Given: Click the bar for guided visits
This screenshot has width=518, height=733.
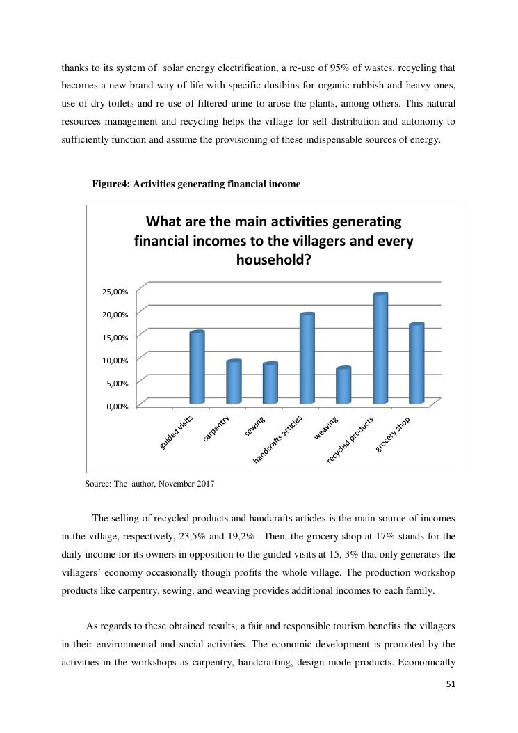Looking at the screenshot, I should click(197, 368).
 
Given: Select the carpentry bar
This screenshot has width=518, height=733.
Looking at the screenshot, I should click(234, 382).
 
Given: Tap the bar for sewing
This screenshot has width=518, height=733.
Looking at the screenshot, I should click(270, 384).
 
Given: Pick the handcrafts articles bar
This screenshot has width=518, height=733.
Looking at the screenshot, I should click(307, 358).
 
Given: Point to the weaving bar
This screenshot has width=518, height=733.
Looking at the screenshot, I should click(343, 386).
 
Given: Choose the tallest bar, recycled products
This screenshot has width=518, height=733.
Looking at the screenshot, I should click(380, 349).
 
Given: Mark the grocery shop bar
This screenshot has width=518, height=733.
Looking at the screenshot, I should click(416, 364).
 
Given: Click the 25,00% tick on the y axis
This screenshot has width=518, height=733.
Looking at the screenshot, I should click(115, 291).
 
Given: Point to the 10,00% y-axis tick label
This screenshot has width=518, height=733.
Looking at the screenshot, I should click(115, 360).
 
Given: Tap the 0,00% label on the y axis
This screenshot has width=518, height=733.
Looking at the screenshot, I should click(118, 406).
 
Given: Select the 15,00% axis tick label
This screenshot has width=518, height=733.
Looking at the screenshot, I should click(115, 337).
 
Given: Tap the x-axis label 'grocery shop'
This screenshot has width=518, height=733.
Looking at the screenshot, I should click(394, 434).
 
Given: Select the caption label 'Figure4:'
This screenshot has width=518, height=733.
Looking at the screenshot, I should click(111, 184).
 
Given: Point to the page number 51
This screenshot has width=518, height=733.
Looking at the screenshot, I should click(451, 684).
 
